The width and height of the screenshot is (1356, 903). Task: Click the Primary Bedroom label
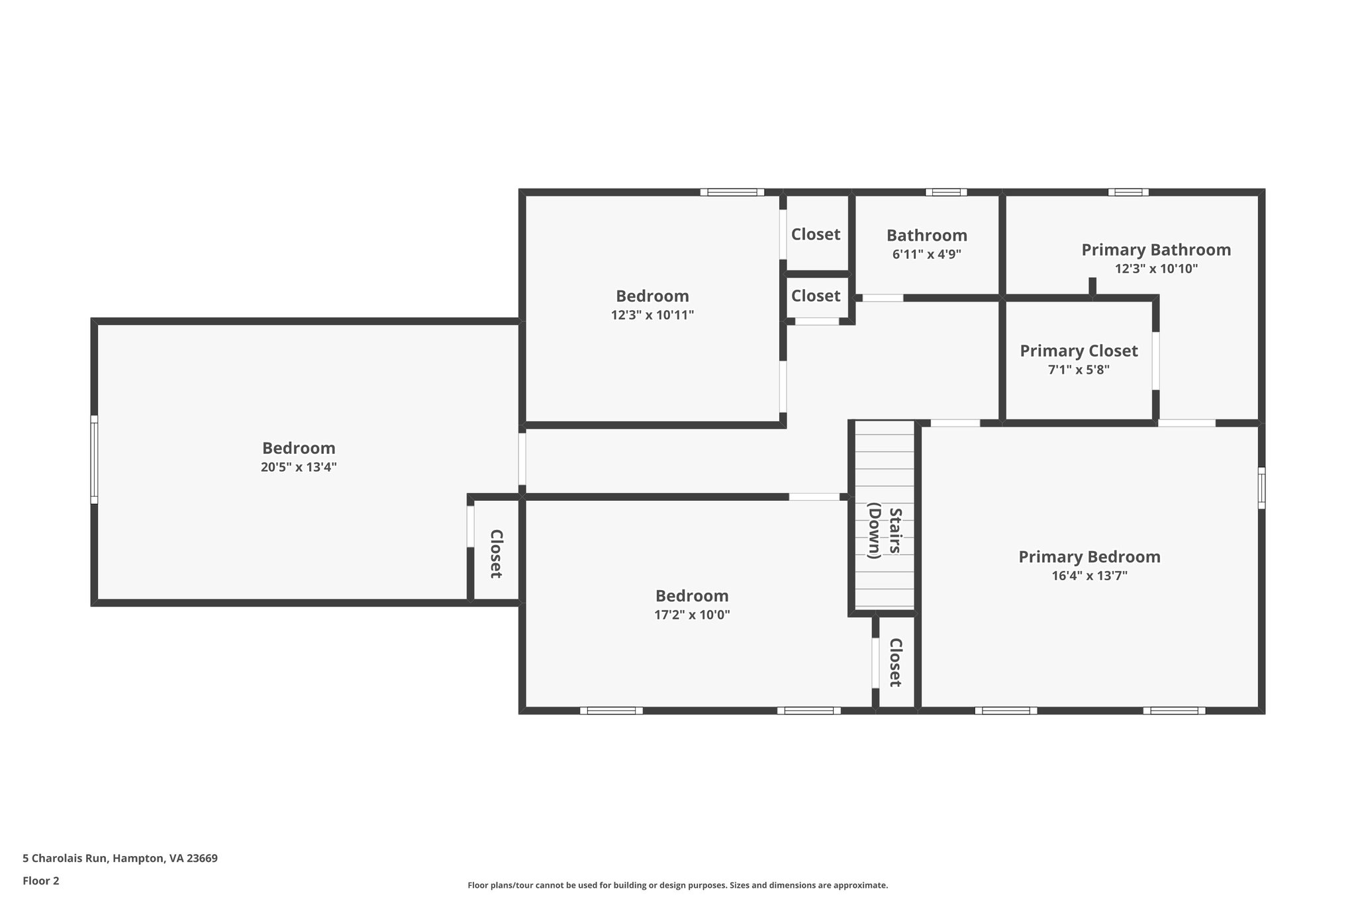pos(1089,557)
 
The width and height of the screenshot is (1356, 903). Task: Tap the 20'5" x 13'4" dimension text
pos(299,467)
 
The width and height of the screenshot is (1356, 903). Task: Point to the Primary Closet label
pos(1079,351)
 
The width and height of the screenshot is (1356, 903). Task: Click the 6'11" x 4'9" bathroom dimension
pos(926,254)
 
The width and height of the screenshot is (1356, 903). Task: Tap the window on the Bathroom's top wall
pos(945,193)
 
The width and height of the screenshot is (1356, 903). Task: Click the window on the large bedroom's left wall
pos(94,459)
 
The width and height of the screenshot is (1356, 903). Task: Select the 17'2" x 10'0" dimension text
pos(692,615)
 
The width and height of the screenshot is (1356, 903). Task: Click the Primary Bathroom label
pos(1156,250)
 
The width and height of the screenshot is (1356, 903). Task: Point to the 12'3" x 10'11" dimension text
pos(652,315)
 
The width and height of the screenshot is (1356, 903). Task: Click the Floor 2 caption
pos(41,881)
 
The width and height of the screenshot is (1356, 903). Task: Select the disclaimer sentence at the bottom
pos(677,885)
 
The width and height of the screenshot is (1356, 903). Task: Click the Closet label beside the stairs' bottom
pos(895,662)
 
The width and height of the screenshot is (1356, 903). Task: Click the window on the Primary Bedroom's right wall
pos(1261,488)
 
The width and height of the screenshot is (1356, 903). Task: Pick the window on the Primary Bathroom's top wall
pos(1128,193)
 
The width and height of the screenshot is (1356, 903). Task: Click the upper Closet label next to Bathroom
pos(816,234)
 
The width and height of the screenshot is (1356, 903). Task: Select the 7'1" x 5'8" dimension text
pos(1079,370)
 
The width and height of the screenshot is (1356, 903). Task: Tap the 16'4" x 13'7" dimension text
pos(1089,576)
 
